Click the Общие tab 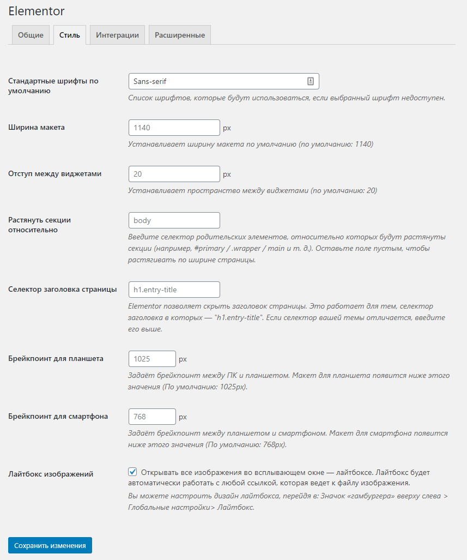click(x=31, y=35)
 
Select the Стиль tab click(x=70, y=35)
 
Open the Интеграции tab click(x=117, y=35)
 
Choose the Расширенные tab click(x=180, y=35)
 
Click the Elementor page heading click(x=37, y=10)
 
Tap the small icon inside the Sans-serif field click(x=311, y=81)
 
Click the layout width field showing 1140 click(x=174, y=128)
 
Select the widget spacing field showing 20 click(x=174, y=174)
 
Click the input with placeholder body click(x=174, y=220)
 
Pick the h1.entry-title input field click(x=174, y=290)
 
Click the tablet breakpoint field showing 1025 click(x=152, y=359)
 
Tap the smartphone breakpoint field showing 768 click(x=152, y=417)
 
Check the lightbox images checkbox click(x=132, y=472)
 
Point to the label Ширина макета click(x=37, y=128)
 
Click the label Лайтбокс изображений click(x=51, y=474)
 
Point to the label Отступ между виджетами click(x=55, y=174)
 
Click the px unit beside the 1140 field click(x=227, y=128)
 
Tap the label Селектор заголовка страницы click(x=63, y=289)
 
